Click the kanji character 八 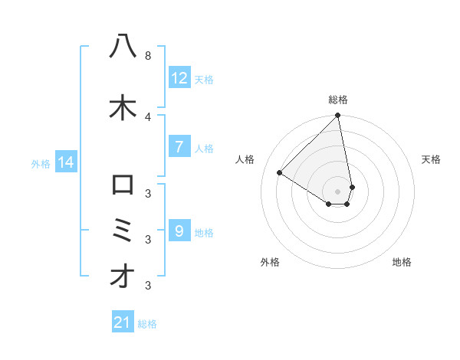click(x=123, y=47)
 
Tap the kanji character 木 click(x=123, y=108)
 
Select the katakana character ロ click(x=123, y=185)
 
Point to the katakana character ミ click(x=123, y=230)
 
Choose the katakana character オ click(x=123, y=277)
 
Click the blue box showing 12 click(x=179, y=78)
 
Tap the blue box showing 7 click(x=179, y=147)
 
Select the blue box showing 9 click(x=179, y=231)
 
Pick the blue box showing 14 click(x=65, y=162)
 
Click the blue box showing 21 click(x=123, y=322)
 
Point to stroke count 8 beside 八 click(x=147, y=56)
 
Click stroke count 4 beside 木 click(x=147, y=116)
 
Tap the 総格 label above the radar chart click(x=338, y=100)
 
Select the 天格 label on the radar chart click(x=431, y=159)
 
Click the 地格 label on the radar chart click(x=402, y=262)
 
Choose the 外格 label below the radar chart click(x=270, y=262)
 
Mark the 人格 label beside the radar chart click(x=245, y=159)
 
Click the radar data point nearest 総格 click(x=338, y=116)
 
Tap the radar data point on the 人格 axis click(x=280, y=172)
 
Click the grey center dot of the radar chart click(x=338, y=191)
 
